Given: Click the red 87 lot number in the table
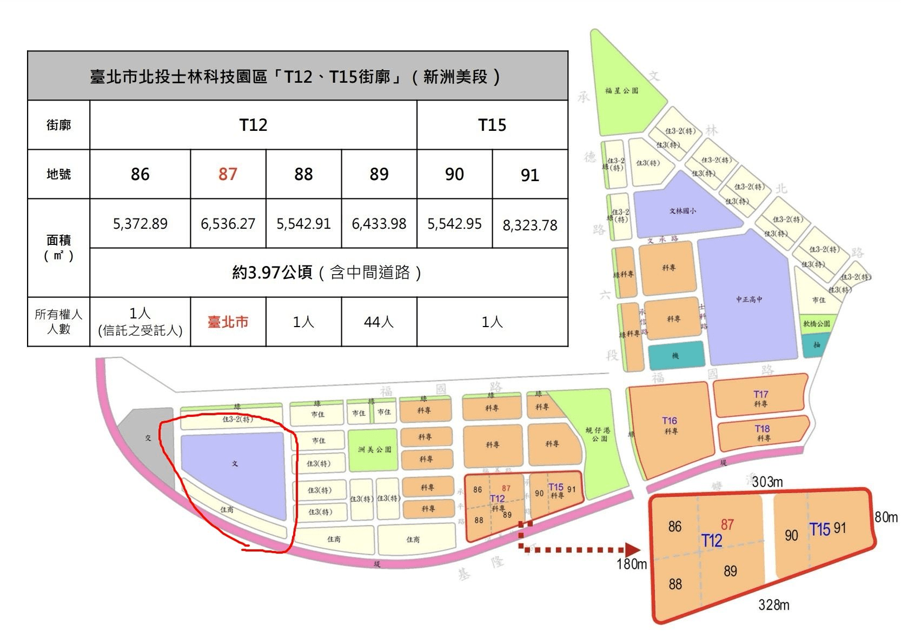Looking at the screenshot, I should click(x=228, y=174).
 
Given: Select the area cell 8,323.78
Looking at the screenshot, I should click(x=529, y=224).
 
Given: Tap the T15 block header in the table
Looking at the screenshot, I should click(x=492, y=125).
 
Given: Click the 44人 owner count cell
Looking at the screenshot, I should click(x=379, y=322).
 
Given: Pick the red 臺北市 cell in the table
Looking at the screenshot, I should click(x=228, y=322).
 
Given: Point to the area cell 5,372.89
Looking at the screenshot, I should click(x=140, y=223).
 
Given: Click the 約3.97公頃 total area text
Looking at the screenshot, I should click(x=327, y=273).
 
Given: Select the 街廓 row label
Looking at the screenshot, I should click(x=58, y=125).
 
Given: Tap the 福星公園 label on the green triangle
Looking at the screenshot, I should click(x=621, y=90).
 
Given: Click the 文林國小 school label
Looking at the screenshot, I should click(x=683, y=211).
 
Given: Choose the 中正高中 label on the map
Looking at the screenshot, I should click(x=749, y=299).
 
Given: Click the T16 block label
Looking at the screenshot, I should click(x=670, y=421).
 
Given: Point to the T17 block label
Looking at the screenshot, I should click(x=760, y=395).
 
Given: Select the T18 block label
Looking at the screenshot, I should click(x=762, y=429).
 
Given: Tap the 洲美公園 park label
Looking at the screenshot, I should click(x=374, y=449).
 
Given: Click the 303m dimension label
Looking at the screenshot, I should click(x=767, y=482).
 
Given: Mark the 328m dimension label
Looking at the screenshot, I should click(x=773, y=604).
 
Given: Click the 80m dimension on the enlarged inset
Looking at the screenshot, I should click(x=886, y=517).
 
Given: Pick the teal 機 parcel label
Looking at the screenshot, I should click(x=675, y=355).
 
